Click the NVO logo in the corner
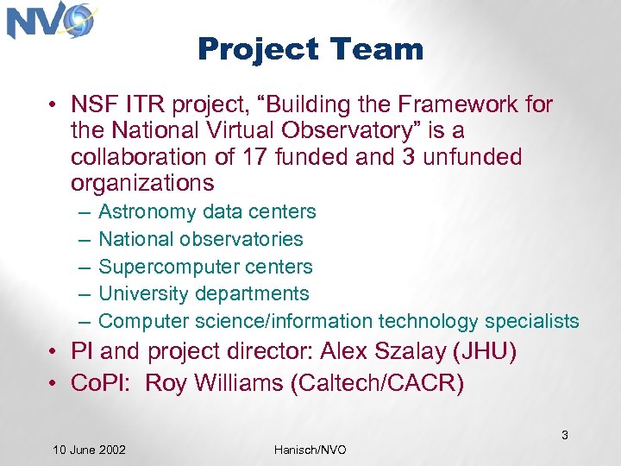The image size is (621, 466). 50,22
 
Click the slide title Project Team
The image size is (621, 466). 310,49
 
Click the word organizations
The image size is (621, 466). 142,183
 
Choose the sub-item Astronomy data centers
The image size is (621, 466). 207,211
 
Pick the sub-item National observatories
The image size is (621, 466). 201,239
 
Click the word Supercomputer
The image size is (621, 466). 158,267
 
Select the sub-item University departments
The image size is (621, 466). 204,294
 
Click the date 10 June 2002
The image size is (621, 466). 89,450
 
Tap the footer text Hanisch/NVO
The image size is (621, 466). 310,450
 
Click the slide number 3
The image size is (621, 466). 565,435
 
